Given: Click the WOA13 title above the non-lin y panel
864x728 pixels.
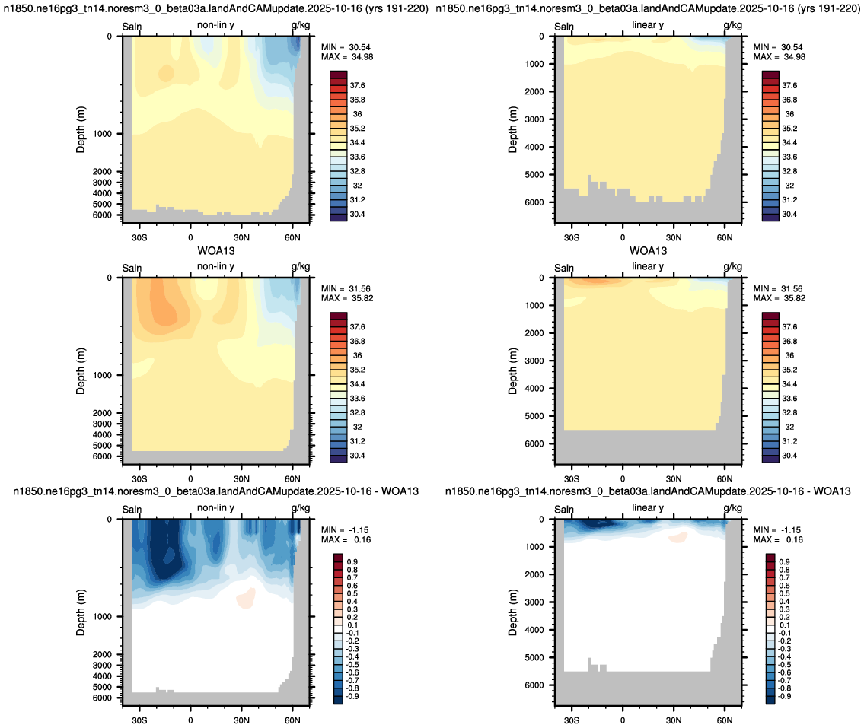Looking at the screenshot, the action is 216,251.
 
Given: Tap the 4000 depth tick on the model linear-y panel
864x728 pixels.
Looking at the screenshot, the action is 534,147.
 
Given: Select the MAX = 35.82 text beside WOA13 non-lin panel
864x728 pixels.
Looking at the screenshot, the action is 347,298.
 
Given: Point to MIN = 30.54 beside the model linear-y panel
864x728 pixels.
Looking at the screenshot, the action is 778,47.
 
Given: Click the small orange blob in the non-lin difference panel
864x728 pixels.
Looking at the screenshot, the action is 246,597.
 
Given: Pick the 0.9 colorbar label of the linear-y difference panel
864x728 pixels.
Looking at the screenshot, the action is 784,561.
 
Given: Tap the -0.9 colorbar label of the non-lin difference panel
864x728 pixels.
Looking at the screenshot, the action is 352,696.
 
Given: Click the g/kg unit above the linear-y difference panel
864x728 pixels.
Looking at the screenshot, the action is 732,507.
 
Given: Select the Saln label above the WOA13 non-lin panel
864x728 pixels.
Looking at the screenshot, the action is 132,269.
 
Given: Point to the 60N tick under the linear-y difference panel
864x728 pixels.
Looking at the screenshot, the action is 725,720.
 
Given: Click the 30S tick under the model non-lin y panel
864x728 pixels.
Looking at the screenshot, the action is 139,237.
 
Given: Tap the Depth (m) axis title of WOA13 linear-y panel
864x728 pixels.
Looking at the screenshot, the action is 513,371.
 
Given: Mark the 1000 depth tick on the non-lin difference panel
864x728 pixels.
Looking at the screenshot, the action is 102,617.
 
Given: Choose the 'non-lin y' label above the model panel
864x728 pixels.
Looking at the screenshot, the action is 215,25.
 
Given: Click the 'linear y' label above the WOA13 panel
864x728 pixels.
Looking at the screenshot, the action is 648,266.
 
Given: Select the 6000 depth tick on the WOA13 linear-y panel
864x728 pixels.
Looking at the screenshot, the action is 534,443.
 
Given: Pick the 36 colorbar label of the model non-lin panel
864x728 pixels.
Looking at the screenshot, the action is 357,114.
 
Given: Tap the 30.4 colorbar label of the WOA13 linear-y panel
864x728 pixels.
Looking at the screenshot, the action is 789,456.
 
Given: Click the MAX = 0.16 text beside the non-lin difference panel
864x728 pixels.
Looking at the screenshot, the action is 346,539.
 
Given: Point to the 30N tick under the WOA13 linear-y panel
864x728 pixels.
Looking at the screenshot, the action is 674,479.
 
